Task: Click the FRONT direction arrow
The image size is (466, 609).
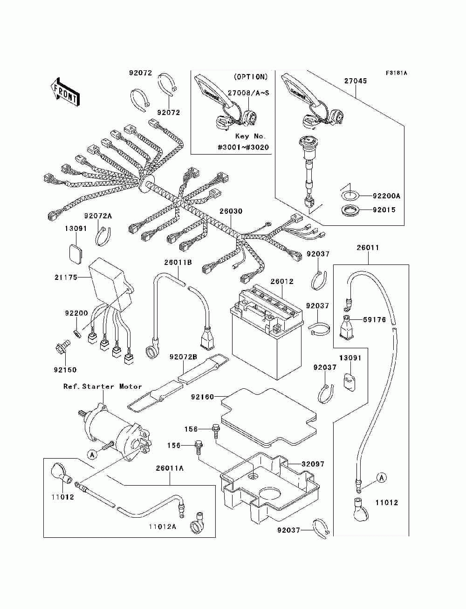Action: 65,91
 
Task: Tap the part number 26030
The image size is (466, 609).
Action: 231,211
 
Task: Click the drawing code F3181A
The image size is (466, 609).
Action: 396,73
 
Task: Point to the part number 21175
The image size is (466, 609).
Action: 66,277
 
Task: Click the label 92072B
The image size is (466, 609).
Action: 183,357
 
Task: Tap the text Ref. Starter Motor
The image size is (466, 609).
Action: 103,386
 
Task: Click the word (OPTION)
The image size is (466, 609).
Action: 251,77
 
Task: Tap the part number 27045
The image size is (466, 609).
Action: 356,81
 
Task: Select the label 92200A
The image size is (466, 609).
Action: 386,196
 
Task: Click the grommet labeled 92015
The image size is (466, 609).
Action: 349,210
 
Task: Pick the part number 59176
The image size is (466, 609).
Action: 374,319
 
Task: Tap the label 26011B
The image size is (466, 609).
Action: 178,262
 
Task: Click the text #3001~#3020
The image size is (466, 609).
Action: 243,147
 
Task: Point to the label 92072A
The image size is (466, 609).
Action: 98,216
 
